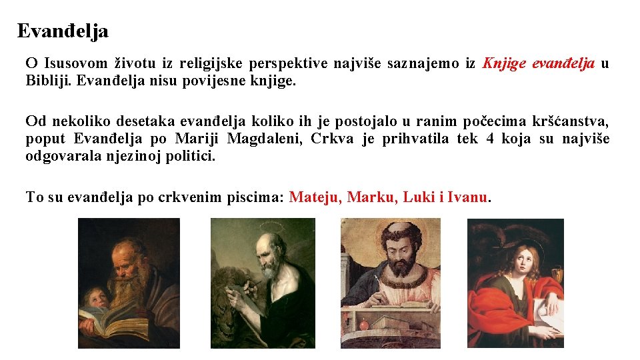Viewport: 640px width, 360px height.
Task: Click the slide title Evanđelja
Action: pyautogui.click(x=63, y=31)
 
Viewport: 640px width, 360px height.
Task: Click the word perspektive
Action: pyautogui.click(x=289, y=64)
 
